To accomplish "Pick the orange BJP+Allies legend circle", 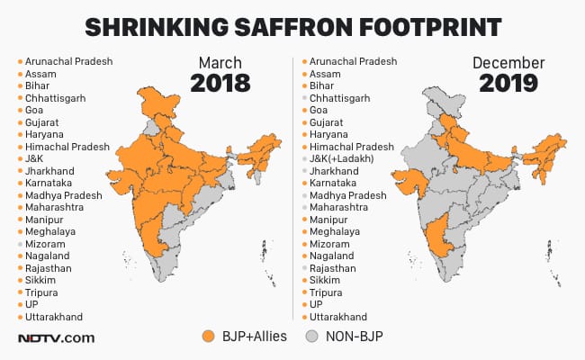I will point(209,337).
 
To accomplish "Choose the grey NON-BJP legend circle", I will point(312,337).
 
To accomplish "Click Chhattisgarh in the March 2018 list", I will point(58,97).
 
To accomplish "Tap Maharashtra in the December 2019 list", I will point(345,207).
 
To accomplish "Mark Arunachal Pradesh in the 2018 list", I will point(68,61).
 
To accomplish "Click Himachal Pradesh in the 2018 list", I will point(67,146).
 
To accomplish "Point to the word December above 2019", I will point(509,63).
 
